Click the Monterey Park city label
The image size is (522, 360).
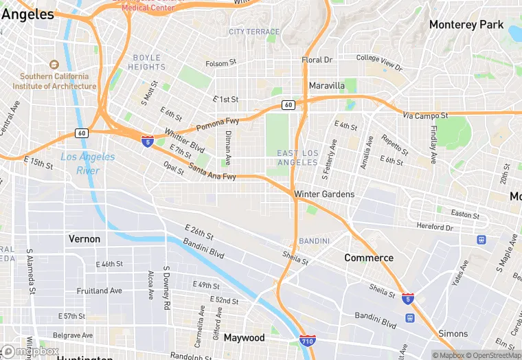click(466, 25)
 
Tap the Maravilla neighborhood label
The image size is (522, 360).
click(326, 86)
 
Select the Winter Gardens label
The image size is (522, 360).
click(324, 194)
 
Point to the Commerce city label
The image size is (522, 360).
click(369, 258)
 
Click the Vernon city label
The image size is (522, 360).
click(84, 239)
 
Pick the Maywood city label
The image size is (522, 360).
click(244, 338)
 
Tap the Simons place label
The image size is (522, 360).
click(453, 334)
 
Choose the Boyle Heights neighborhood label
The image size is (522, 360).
click(146, 63)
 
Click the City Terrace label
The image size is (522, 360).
click(254, 32)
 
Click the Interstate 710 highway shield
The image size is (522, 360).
click(308, 341)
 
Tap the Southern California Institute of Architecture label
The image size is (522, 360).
click(54, 81)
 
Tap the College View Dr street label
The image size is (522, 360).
click(379, 63)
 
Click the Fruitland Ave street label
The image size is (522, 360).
click(99, 291)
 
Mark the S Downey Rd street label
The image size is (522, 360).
click(166, 286)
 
